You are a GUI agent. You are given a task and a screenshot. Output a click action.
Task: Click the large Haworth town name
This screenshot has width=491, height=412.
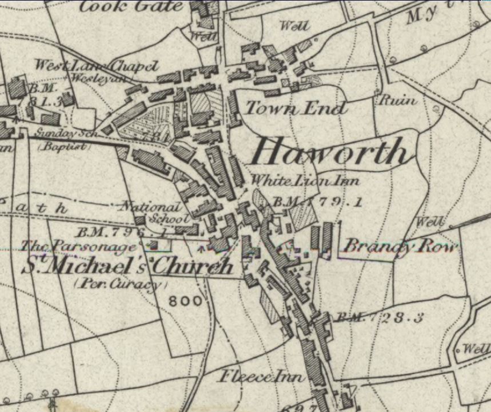pyautogui.click(x=332, y=152)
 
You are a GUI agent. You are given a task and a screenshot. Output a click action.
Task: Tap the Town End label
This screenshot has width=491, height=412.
pyautogui.click(x=296, y=108)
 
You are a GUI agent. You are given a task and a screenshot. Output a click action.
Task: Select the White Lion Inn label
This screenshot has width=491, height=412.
pyautogui.click(x=305, y=181)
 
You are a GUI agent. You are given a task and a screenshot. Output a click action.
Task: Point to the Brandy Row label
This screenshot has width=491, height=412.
pyautogui.click(x=400, y=247)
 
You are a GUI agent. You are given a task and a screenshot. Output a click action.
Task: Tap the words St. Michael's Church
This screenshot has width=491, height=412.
pyautogui.click(x=127, y=266)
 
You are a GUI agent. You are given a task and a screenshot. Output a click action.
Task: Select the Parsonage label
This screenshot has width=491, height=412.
pyautogui.click(x=79, y=246)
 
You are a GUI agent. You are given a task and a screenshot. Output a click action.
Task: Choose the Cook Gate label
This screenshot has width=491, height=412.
pyautogui.click(x=131, y=7)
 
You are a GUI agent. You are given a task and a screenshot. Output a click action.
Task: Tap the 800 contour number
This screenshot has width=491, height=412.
pyautogui.click(x=185, y=300)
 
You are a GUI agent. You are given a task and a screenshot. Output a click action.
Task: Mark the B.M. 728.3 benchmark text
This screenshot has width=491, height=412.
pyautogui.click(x=378, y=318)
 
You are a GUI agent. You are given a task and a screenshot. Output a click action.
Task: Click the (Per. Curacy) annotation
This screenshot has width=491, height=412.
pyautogui.click(x=121, y=284)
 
